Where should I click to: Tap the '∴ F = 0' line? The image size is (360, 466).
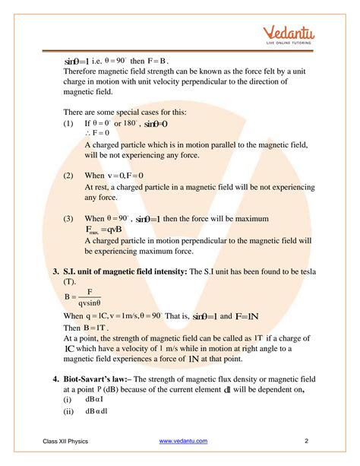(x=97, y=133)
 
